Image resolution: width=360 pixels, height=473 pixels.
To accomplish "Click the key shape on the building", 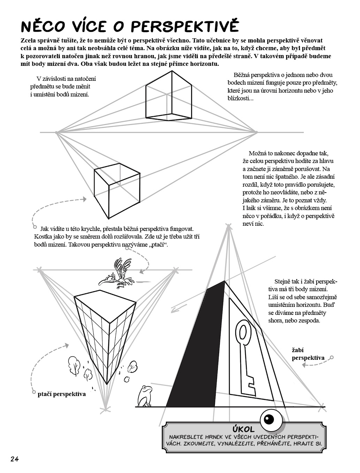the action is point(246,358).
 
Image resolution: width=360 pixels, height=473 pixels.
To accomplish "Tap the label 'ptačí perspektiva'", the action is point(62,394).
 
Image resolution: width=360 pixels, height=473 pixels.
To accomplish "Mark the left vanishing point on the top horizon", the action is point(56,132).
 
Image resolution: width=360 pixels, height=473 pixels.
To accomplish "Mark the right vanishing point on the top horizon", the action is point(256,132).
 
